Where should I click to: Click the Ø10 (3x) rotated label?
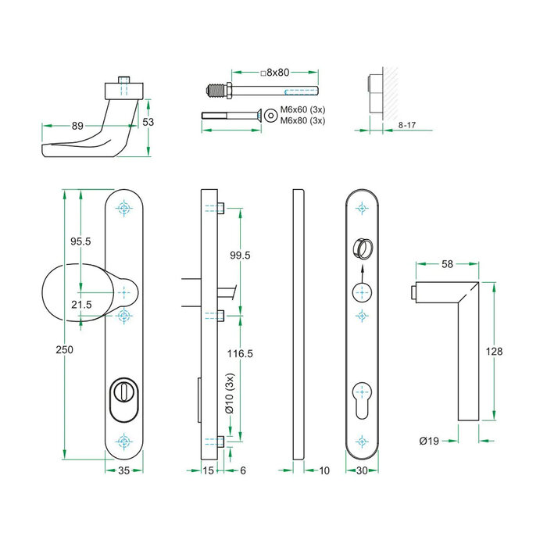click(x=229, y=395)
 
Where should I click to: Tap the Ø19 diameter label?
click(x=428, y=441)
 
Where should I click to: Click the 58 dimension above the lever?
click(x=447, y=264)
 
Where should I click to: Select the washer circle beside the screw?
click(x=270, y=115)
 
